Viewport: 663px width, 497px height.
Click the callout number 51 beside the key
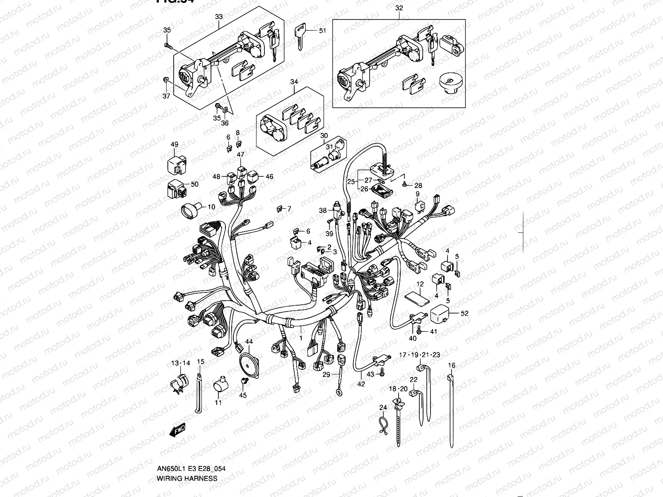click(323, 31)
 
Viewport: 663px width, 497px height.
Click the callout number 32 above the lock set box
click(399, 8)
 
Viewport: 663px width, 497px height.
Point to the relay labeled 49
click(174, 164)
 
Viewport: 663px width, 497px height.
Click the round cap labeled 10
click(189, 209)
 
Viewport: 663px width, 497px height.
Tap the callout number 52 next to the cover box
click(465, 313)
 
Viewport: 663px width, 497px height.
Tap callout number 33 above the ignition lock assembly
click(219, 17)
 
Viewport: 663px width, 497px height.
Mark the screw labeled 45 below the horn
click(244, 380)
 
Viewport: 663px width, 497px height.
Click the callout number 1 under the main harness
click(300, 338)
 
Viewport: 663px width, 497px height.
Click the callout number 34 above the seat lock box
click(294, 82)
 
